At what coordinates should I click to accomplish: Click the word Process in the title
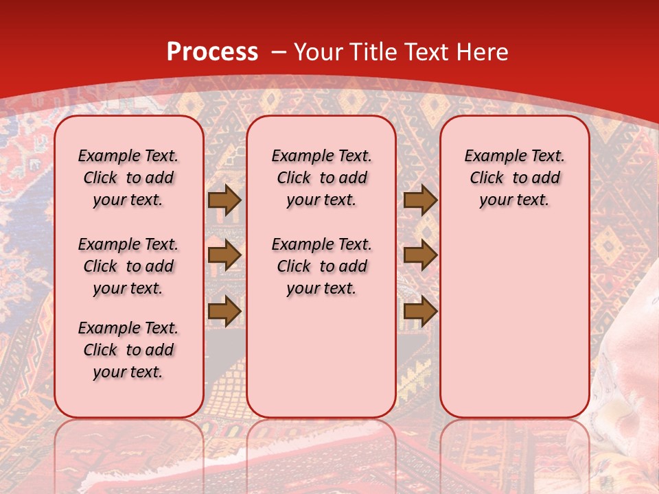coord(212,52)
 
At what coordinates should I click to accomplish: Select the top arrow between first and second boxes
coord(224,200)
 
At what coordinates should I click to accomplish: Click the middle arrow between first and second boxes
coord(224,255)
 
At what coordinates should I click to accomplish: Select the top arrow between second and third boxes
coord(420,200)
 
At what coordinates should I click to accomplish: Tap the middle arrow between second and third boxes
coord(420,255)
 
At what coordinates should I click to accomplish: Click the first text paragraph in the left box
coord(128,178)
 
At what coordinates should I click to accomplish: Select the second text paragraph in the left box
coord(128,266)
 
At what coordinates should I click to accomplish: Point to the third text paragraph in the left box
coord(128,350)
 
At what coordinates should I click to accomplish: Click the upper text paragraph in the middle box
coord(321,178)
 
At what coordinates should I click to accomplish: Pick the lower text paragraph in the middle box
coord(321,266)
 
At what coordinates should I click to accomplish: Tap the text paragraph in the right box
coord(514,178)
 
